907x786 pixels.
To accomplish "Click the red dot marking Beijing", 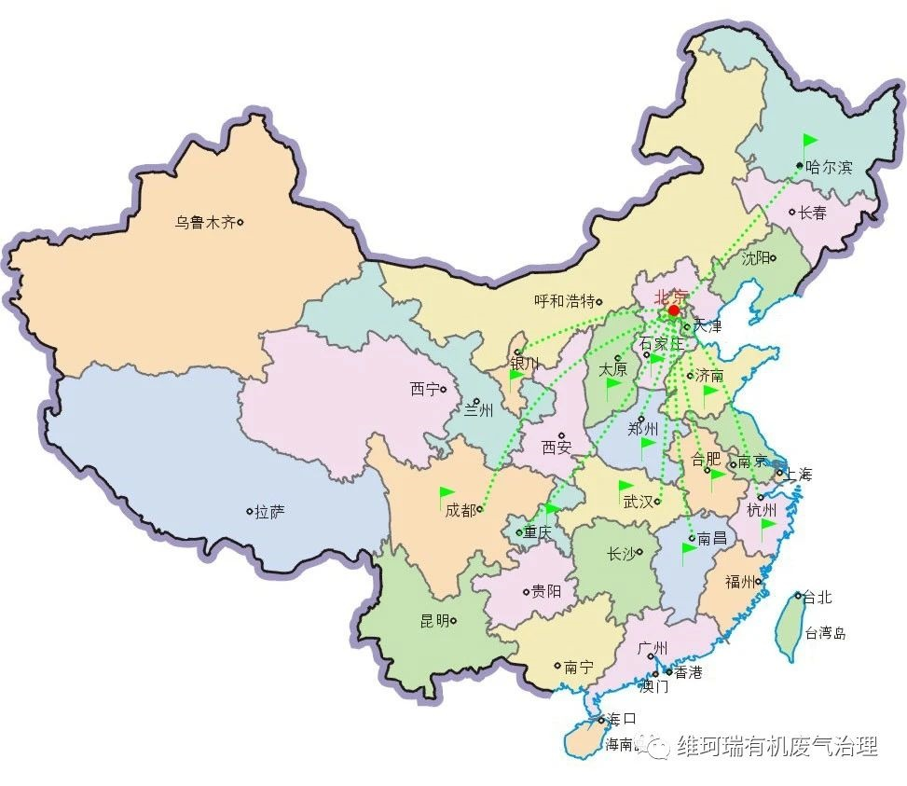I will pos(673,310).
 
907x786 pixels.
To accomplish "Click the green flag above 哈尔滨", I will pos(809,142).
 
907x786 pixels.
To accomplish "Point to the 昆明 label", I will pos(434,621).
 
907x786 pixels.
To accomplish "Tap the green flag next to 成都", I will pos(447,492).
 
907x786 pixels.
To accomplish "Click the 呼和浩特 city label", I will pos(564,301).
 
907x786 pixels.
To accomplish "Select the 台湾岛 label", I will pos(825,633).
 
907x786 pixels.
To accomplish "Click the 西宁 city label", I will pos(424,389).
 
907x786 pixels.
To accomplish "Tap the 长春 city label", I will pos(812,213).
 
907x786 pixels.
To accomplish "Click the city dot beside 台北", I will pos(799,595).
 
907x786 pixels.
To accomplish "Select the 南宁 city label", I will pos(579,667).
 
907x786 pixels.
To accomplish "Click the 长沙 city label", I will pos(621,554).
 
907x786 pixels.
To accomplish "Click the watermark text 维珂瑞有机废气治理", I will pos(776,747).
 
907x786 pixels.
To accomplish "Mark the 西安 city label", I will pos(557,448).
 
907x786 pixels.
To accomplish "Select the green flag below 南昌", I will pos(689,550).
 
